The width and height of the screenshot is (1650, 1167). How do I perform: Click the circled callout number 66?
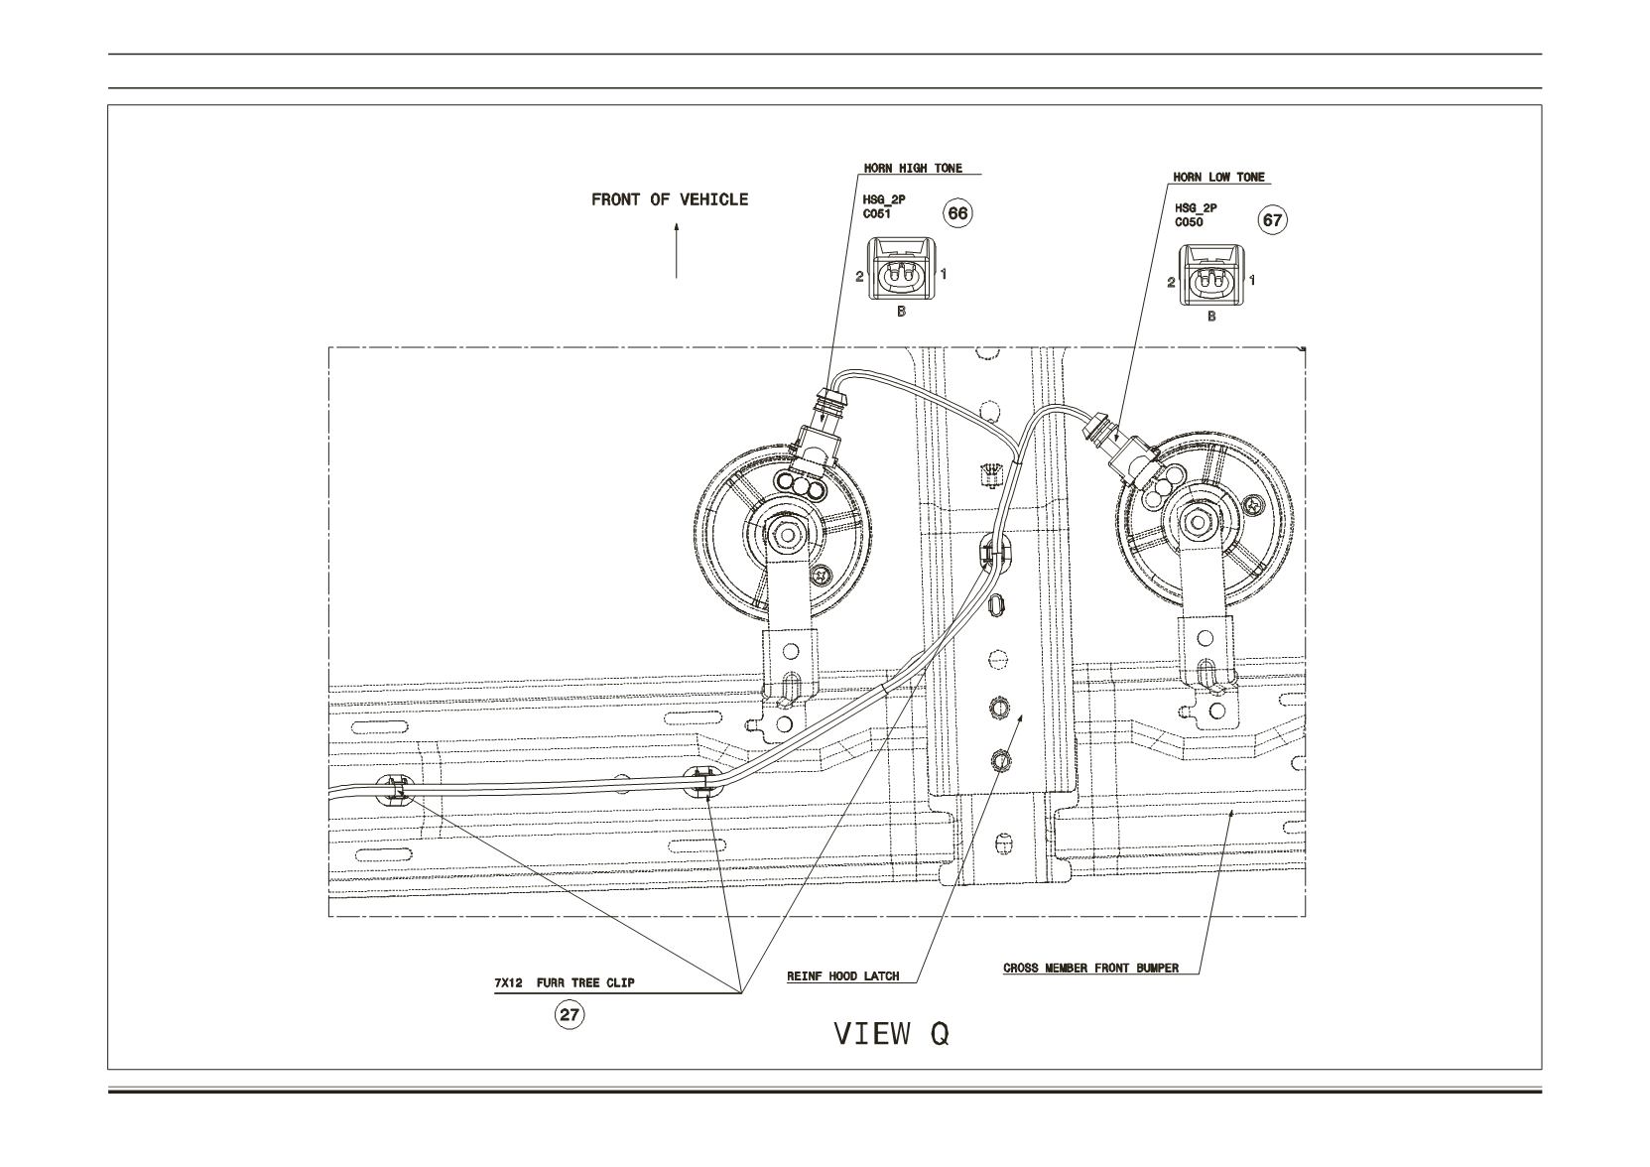957,213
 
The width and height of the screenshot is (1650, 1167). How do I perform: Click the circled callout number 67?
1272,220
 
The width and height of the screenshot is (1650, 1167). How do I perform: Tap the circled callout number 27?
569,1015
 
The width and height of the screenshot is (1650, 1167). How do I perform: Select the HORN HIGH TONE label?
913,168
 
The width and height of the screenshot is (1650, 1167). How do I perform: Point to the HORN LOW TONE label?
1218,177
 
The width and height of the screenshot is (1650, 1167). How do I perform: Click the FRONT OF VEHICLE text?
670,199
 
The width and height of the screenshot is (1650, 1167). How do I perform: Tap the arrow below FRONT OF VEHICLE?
677,252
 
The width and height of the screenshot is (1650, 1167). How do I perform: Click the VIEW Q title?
891,1034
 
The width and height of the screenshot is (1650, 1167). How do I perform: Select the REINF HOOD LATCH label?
842,976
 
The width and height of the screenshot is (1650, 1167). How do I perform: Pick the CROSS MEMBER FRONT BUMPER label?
1091,969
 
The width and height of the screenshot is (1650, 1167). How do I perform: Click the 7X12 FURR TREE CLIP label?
565,982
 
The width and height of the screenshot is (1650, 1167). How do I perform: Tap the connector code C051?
876,214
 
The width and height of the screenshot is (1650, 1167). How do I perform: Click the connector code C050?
1189,221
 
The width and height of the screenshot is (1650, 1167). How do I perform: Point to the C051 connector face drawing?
901,269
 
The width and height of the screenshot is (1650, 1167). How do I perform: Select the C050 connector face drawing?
1211,275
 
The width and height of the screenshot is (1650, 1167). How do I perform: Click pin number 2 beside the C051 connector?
859,277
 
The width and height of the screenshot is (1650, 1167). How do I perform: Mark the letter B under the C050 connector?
1211,318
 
